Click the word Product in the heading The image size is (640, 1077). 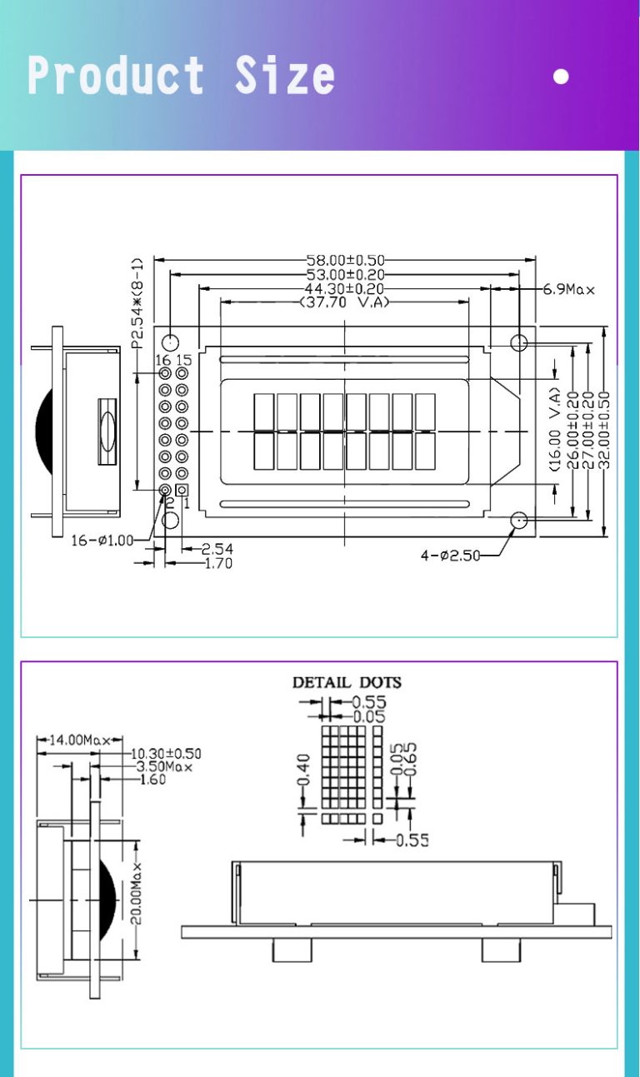pyautogui.click(x=116, y=76)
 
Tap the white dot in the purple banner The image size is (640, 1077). pyautogui.click(x=561, y=77)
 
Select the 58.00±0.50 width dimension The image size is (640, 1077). pyautogui.click(x=345, y=262)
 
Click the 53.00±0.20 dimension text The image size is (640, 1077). pyautogui.click(x=345, y=275)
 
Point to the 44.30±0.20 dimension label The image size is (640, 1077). pyautogui.click(x=345, y=289)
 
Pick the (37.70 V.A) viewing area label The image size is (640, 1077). pyautogui.click(x=344, y=303)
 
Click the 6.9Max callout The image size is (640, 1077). pyautogui.click(x=569, y=290)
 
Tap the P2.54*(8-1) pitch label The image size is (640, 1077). pyautogui.click(x=137, y=302)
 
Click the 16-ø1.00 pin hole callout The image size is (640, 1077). pyautogui.click(x=102, y=540)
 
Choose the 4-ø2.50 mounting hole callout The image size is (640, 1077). pyautogui.click(x=450, y=556)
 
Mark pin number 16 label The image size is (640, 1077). pyautogui.click(x=164, y=360)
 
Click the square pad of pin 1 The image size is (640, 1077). pyautogui.click(x=182, y=491)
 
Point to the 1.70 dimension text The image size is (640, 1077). pyautogui.click(x=218, y=564)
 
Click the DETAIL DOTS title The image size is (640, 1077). pyautogui.click(x=347, y=682)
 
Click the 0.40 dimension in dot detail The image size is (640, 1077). pyautogui.click(x=303, y=770)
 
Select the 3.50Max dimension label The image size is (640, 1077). pyautogui.click(x=164, y=766)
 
